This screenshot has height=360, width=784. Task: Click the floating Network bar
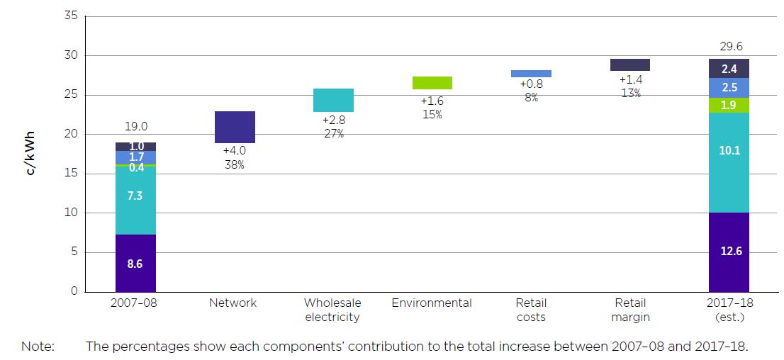235,127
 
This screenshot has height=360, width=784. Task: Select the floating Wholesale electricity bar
333,100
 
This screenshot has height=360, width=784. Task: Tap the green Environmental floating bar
432,83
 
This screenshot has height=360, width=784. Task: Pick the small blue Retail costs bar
531,74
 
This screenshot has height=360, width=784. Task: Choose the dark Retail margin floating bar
630,65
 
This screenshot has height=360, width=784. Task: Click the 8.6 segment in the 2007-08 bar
135,263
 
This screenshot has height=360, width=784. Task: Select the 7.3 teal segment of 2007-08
135,195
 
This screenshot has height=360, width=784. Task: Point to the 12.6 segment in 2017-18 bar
729,252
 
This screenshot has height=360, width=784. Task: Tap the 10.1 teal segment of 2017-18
729,150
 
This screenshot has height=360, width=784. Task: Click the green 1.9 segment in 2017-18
729,105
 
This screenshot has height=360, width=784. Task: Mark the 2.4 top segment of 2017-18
729,69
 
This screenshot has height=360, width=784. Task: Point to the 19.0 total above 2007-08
135,127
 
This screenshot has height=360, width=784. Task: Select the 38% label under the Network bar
235,164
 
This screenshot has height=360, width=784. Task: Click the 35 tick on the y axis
71,16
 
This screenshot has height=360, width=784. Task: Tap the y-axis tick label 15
71,174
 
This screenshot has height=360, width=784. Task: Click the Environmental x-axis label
432,303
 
